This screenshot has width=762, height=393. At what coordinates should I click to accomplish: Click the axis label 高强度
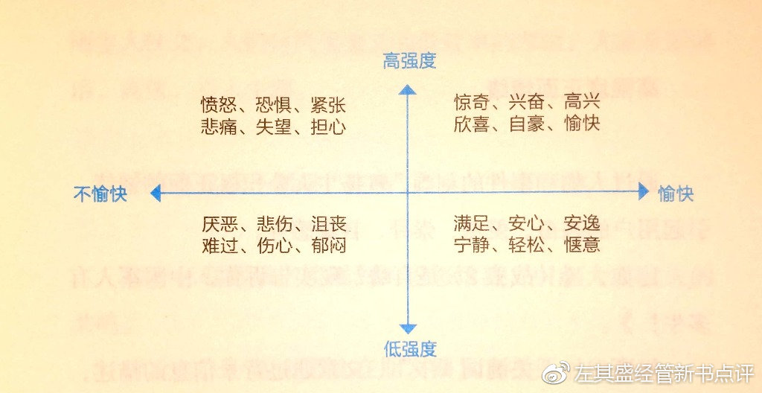pyautogui.click(x=409, y=61)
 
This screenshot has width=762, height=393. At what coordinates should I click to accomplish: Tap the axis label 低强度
pyautogui.click(x=409, y=348)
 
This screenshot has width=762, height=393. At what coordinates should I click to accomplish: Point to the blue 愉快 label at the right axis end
pyautogui.click(x=676, y=194)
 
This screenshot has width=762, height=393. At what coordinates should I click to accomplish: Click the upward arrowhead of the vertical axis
pyautogui.click(x=408, y=91)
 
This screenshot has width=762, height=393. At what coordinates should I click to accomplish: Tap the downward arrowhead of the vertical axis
pyautogui.click(x=408, y=328)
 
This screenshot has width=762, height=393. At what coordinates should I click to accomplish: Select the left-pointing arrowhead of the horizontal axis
pyautogui.click(x=156, y=194)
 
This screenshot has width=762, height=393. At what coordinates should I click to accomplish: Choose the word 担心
pyautogui.click(x=328, y=127)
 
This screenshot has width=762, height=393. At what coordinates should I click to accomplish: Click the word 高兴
pyautogui.click(x=582, y=102)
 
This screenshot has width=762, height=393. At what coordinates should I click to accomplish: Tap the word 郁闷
pyautogui.click(x=328, y=246)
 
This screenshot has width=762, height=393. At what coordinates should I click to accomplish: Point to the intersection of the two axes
pyautogui.click(x=408, y=194)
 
